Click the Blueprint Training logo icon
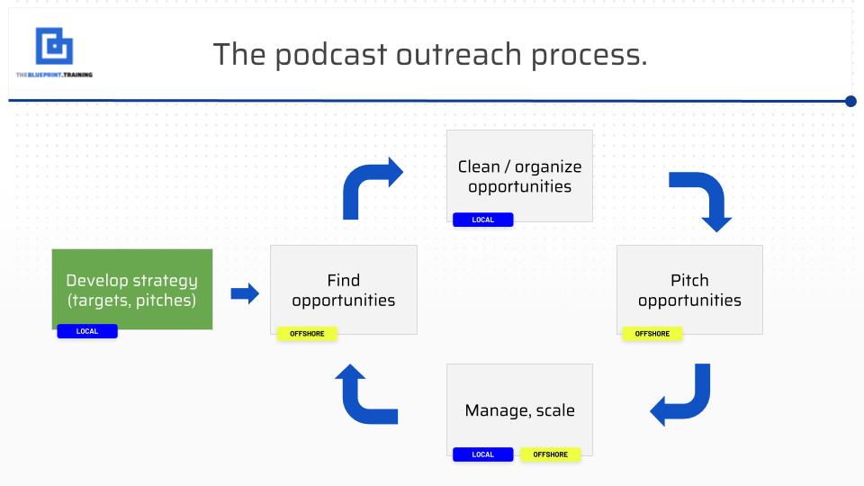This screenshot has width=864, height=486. pyautogui.click(x=54, y=46)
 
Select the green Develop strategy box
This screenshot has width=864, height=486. pyautogui.click(x=131, y=288)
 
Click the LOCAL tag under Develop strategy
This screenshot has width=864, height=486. pyautogui.click(x=87, y=331)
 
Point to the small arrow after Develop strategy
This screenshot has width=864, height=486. pyautogui.click(x=245, y=293)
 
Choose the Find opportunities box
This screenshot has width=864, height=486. pyautogui.click(x=344, y=289)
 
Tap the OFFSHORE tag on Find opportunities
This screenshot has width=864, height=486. pyautogui.click(x=307, y=334)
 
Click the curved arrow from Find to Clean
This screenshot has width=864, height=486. pyautogui.click(x=370, y=184)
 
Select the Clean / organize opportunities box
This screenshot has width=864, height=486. pyautogui.click(x=519, y=175)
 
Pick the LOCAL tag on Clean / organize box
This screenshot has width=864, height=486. pyautogui.click(x=482, y=220)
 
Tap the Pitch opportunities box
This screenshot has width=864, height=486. pyautogui.click(x=689, y=289)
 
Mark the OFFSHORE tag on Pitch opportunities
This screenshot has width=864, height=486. pyautogui.click(x=652, y=334)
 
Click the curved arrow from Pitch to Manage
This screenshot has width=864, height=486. pyautogui.click(x=683, y=397)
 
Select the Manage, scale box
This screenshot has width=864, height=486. pyautogui.click(x=519, y=410)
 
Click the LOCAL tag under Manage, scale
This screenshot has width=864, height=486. pyautogui.click(x=482, y=454)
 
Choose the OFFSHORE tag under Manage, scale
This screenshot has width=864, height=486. pyautogui.click(x=551, y=454)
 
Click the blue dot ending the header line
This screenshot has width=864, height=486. pyautogui.click(x=850, y=101)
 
